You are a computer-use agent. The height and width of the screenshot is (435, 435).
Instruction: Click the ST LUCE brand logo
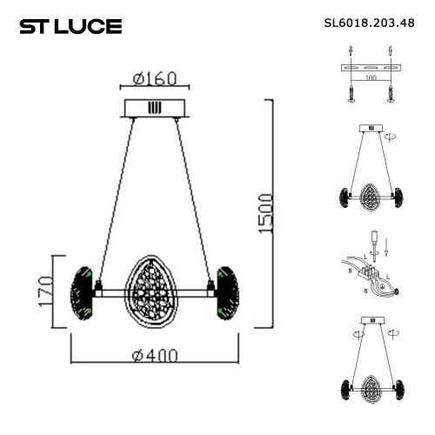coord(70,26)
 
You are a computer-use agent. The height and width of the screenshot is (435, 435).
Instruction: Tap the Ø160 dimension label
coord(156,79)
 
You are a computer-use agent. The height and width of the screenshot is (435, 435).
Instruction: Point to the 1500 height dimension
coord(265,214)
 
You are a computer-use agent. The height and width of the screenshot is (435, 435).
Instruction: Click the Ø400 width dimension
coord(156,355)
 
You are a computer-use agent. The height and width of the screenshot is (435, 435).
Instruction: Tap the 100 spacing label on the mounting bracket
coord(371,78)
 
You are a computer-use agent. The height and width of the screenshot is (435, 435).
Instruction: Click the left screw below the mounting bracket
coord(351,93)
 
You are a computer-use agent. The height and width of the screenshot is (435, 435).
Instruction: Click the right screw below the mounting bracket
coord(391,93)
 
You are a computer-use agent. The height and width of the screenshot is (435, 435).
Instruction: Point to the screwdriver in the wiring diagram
coord(375,244)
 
